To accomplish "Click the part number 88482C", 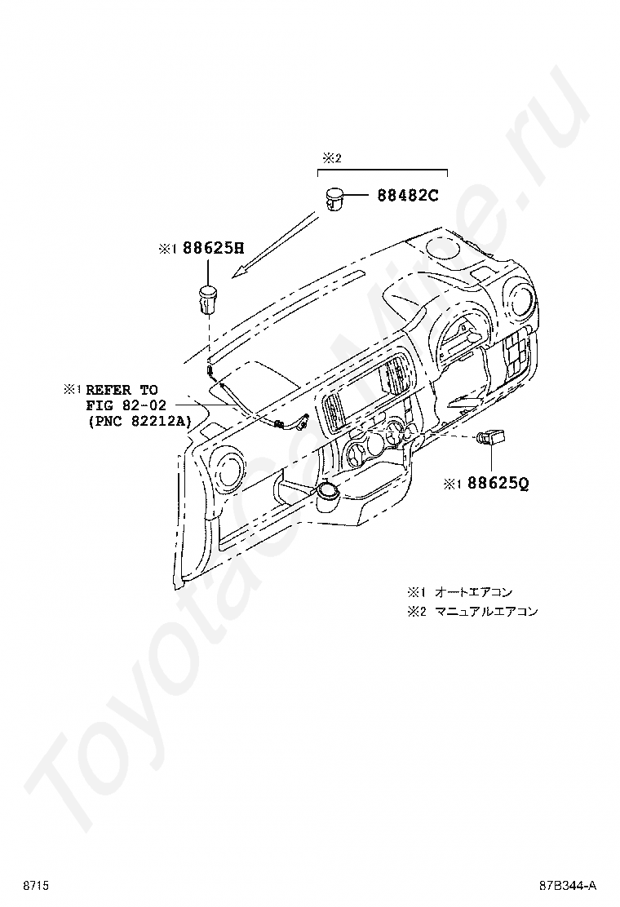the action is (x=407, y=196).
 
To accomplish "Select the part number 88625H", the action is (x=213, y=249).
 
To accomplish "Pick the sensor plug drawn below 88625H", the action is (x=209, y=299).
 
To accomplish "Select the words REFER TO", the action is (x=122, y=390).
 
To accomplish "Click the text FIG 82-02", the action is (x=126, y=405).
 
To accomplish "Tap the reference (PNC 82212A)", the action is (x=138, y=421).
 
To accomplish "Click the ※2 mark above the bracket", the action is (x=329, y=157).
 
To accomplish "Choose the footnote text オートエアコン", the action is (x=473, y=592).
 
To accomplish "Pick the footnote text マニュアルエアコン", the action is (x=486, y=611).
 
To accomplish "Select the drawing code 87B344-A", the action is (x=567, y=885).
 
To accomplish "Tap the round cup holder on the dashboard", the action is (x=328, y=492).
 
